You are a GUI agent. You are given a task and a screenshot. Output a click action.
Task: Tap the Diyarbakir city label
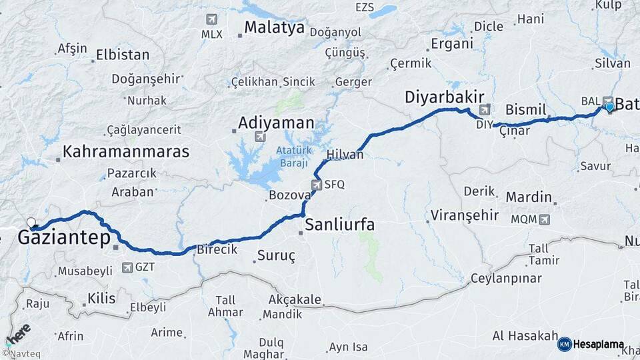[x=444, y=97]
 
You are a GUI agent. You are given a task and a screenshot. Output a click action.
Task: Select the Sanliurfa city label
[x=339, y=225]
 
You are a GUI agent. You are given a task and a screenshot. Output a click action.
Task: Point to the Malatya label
[x=274, y=28]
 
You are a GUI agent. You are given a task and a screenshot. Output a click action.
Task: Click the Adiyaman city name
[x=276, y=123]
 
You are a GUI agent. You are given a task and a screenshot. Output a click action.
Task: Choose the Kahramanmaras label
[x=126, y=151]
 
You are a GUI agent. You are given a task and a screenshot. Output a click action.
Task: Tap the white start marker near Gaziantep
[x=31, y=223]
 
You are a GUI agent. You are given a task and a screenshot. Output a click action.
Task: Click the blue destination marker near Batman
[x=609, y=105]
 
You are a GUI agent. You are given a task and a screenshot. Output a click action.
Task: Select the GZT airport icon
[x=127, y=267]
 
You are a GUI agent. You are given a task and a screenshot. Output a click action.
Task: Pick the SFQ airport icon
[x=316, y=185]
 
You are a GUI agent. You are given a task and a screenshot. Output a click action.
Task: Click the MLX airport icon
[x=212, y=19]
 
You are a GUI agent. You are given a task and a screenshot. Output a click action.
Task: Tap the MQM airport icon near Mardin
[x=547, y=219]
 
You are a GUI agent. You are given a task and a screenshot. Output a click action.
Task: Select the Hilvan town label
[x=345, y=155]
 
